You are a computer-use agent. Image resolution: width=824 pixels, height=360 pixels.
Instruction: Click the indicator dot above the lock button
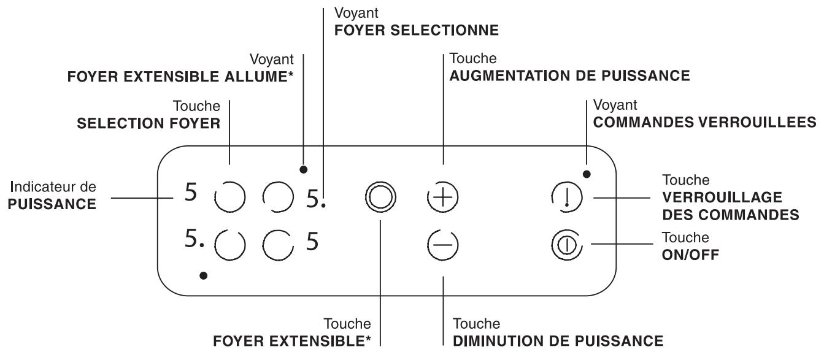click(x=587, y=174)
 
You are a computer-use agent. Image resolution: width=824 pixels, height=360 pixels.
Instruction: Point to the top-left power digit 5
click(x=191, y=194)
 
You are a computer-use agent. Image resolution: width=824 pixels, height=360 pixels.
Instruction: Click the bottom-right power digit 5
click(x=312, y=243)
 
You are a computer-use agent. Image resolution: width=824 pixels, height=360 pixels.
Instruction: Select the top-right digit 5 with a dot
click(x=315, y=197)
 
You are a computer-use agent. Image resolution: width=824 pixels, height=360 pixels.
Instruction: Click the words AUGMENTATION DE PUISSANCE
click(x=570, y=75)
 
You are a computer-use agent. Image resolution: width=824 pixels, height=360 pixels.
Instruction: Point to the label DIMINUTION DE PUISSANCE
click(x=558, y=340)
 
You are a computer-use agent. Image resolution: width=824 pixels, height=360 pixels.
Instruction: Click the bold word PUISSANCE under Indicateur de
click(x=52, y=204)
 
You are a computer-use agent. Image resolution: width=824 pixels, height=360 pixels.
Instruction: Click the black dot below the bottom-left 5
click(x=204, y=276)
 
